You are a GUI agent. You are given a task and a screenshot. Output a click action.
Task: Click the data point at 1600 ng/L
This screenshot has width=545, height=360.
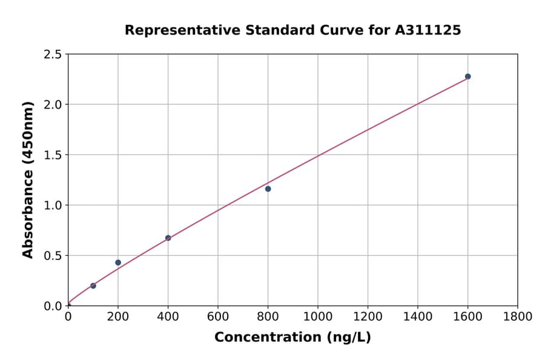click(x=467, y=76)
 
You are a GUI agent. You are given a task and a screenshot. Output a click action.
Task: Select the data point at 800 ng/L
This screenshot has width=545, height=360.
click(x=268, y=188)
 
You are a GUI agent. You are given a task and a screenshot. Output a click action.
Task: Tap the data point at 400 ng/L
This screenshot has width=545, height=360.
click(x=168, y=238)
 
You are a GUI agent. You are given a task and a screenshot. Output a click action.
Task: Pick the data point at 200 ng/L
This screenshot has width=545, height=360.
click(x=118, y=262)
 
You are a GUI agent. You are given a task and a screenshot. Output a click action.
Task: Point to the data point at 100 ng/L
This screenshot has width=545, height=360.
click(x=93, y=285)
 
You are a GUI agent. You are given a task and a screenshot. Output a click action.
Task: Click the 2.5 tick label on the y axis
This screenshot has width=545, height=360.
click(x=53, y=55)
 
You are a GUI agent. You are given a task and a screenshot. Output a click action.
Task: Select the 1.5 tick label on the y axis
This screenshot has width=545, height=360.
click(x=53, y=155)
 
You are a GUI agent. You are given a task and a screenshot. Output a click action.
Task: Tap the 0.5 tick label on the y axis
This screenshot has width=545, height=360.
click(x=53, y=256)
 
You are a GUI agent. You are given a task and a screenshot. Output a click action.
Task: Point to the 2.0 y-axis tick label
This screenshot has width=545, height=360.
click(x=53, y=105)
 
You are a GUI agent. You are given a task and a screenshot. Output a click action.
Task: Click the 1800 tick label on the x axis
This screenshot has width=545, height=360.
click(x=517, y=317)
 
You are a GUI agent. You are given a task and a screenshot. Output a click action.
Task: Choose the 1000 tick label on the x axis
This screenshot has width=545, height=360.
click(x=317, y=317)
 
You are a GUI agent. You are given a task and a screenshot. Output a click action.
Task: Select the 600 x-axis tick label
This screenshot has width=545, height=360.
click(x=217, y=317)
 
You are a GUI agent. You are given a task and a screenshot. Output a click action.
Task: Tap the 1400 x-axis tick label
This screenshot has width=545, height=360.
click(x=417, y=317)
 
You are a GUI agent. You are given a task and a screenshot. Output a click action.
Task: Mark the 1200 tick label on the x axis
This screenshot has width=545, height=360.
click(x=368, y=317)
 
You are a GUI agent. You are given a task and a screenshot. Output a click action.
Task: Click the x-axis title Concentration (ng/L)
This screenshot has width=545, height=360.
click(x=292, y=337)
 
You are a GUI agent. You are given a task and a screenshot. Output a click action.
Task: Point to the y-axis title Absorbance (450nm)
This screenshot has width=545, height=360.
click(x=28, y=179)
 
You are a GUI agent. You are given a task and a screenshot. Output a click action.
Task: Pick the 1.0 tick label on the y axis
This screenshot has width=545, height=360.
click(x=53, y=205)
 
